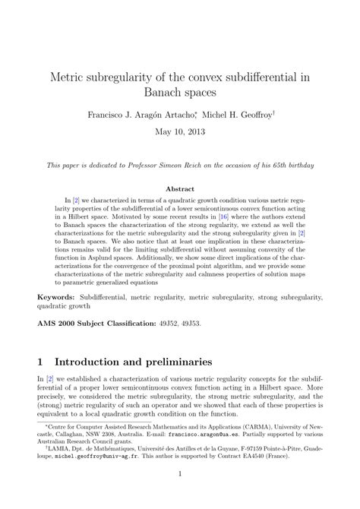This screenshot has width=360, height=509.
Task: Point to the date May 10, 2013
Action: (180, 133)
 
